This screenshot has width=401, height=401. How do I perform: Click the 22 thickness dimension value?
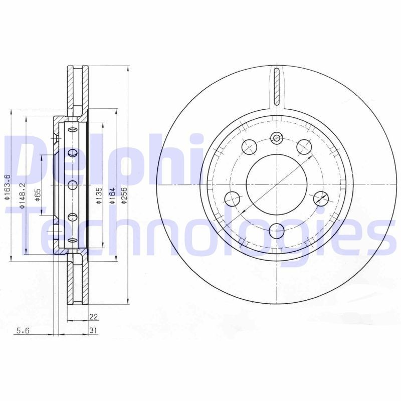93,316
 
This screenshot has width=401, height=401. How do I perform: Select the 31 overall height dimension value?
93,330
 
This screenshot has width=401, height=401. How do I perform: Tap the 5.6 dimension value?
23,330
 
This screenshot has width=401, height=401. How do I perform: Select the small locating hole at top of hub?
277,138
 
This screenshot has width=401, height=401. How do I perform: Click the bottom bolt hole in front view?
277,231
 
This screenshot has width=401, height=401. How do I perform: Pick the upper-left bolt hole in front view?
249,146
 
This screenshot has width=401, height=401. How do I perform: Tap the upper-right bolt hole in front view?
304,146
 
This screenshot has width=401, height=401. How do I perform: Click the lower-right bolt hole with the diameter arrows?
321,198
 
